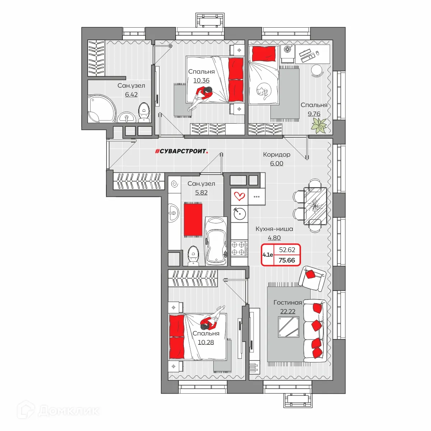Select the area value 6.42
tap(131, 94)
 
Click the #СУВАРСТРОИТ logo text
tap(181, 152)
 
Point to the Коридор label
tap(277, 154)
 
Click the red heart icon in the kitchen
tap(239, 196)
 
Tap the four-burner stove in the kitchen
tap(239, 248)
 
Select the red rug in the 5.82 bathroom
tap(193, 219)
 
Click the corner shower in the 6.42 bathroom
tap(102, 108)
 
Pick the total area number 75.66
tap(287, 260)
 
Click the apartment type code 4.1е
tap(268, 255)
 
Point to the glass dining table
tap(315, 206)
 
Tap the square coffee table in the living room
tap(288, 327)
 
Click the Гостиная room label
tap(288, 303)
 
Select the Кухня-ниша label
tap(274, 229)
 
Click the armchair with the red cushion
tap(312, 278)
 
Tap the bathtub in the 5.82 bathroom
tap(216, 241)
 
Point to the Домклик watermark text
tap(68, 411)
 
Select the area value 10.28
tap(206, 342)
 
